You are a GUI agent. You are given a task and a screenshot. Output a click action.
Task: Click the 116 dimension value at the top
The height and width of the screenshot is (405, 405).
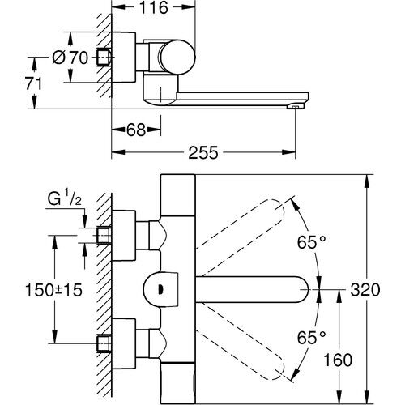[153, 7]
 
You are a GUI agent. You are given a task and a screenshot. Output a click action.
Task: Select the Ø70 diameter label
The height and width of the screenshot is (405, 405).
[70, 58]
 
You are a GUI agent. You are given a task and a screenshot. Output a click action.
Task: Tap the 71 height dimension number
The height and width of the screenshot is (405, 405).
[34, 83]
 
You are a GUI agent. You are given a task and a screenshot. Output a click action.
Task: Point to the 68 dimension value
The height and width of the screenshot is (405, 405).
[136, 130]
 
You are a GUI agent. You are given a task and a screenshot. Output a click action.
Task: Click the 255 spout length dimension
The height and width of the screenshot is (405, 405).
[203, 152]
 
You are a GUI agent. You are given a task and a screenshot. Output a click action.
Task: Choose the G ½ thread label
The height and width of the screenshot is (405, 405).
[64, 199]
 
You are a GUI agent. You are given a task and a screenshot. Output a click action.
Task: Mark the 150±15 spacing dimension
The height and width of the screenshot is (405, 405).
[53, 290]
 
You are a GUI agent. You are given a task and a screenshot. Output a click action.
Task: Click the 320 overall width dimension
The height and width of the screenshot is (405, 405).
[365, 290]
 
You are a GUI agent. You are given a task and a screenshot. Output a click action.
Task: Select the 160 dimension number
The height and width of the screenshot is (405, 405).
[338, 360]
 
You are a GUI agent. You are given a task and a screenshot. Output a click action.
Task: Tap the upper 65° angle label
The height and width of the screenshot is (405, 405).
[312, 242]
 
